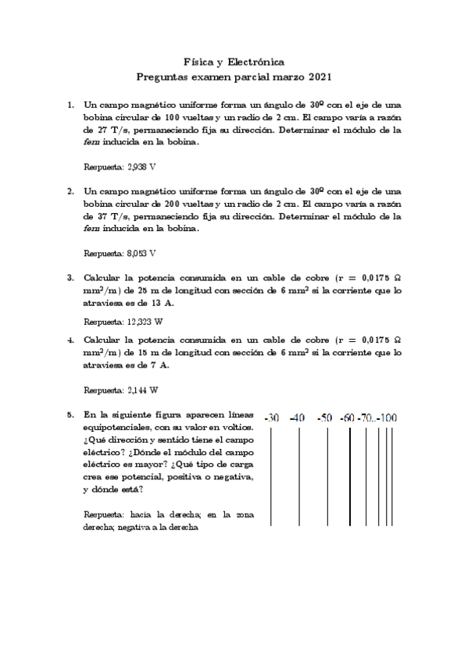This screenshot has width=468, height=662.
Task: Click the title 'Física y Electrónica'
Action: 234,62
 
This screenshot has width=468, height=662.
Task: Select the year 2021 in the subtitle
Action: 317,77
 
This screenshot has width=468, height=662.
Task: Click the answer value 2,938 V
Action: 142,167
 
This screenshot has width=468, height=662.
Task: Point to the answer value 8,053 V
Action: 142,253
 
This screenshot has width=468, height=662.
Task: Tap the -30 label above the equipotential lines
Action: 272,418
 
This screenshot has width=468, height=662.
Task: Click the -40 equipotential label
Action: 298,418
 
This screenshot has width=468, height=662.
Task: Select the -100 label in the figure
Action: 388,418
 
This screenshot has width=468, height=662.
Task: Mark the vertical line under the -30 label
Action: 272,476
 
